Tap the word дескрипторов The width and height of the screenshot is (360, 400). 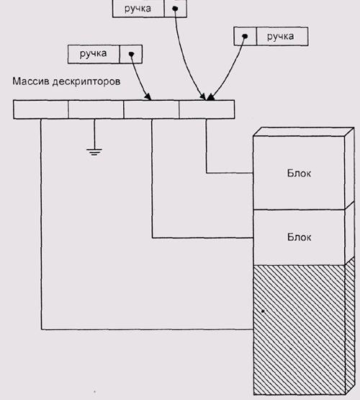86,82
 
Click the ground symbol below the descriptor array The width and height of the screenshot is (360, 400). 94,152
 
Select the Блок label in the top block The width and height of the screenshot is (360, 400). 299,174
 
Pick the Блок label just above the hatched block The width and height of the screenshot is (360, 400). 299,237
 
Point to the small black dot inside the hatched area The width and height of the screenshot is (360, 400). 263,311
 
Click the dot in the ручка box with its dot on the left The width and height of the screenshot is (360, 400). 245,36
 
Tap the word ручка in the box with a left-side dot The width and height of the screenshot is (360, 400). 280,37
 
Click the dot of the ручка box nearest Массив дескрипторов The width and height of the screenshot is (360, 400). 131,54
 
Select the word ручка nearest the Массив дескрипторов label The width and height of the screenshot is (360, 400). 94,54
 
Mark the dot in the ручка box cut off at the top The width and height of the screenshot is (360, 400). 175,9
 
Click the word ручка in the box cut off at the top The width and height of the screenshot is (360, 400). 138,9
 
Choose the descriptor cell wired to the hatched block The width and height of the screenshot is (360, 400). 41,110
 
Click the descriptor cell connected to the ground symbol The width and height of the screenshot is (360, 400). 96,110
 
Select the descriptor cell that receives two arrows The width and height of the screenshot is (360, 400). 207,110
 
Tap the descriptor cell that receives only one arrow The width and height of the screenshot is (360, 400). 151,110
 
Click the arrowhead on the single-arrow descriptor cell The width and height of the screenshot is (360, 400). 148,97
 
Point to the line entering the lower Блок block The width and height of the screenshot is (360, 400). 153,238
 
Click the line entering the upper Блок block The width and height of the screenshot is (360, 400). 207,173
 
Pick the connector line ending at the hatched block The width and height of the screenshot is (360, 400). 41,329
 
